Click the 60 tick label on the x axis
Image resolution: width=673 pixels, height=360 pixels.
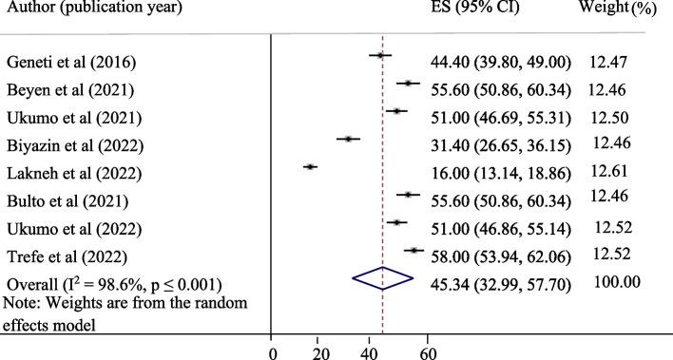click(427, 351)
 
